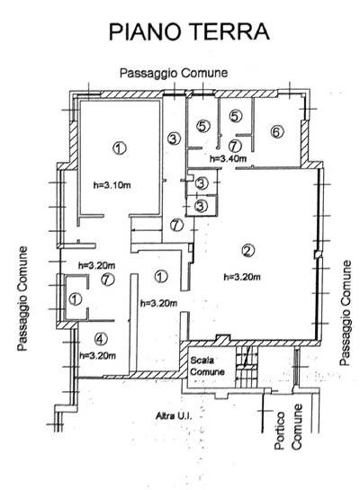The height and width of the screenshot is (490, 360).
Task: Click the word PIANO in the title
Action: pyautogui.click(x=145, y=31)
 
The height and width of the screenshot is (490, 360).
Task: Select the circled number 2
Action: pyautogui.click(x=248, y=250)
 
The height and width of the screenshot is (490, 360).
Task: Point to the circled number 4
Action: pyautogui.click(x=101, y=339)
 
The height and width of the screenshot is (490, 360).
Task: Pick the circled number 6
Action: pyautogui.click(x=276, y=132)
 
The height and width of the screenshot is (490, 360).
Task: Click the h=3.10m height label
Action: pyautogui.click(x=112, y=185)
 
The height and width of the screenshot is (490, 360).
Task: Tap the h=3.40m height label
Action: pyautogui.click(x=228, y=158)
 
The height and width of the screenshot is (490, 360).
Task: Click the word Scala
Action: pyautogui.click(x=202, y=361)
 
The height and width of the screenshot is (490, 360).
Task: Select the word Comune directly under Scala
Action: pyautogui.click(x=207, y=372)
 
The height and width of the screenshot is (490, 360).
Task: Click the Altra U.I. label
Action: pyautogui.click(x=174, y=416)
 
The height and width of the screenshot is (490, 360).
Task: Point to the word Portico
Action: pyautogui.click(x=280, y=431)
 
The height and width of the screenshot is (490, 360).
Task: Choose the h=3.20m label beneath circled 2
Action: pyautogui.click(x=242, y=277)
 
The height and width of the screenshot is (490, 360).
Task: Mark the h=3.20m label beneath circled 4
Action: pyautogui.click(x=98, y=355)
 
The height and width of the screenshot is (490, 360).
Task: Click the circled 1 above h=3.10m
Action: pyautogui.click(x=119, y=147)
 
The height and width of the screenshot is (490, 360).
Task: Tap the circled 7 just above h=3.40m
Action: pyautogui.click(x=235, y=146)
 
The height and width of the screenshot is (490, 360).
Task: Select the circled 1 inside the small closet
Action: pyautogui.click(x=75, y=299)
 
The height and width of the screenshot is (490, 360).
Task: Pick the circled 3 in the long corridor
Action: pyautogui.click(x=175, y=138)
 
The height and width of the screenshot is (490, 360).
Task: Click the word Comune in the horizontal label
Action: pyautogui.click(x=204, y=73)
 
